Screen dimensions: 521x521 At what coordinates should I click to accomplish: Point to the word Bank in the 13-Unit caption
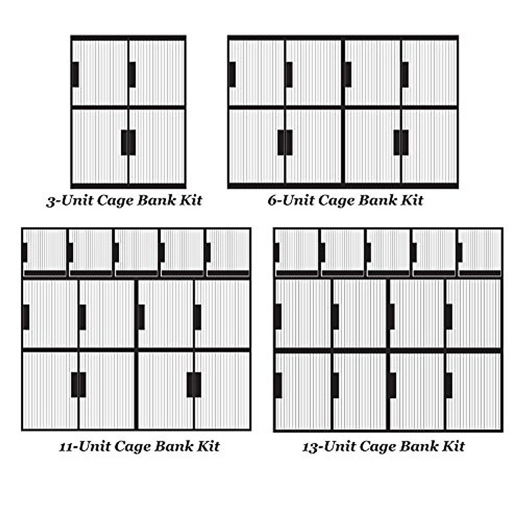(409, 446)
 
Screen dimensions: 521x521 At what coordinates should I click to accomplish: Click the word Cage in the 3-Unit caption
(115, 201)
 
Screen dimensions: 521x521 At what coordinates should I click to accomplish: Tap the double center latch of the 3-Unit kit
(128, 142)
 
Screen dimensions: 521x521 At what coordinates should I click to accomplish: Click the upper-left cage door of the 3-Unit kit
(100, 73)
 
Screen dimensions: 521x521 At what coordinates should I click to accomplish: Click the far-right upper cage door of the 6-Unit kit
(429, 73)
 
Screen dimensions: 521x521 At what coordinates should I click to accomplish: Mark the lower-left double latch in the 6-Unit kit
(285, 142)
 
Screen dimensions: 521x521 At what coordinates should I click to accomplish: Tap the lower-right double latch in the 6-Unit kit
(401, 142)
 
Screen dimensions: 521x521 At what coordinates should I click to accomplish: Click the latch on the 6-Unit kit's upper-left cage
(232, 74)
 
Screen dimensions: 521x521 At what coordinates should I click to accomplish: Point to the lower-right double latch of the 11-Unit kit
(194, 385)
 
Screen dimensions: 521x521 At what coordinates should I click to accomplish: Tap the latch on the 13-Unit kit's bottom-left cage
(278, 385)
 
